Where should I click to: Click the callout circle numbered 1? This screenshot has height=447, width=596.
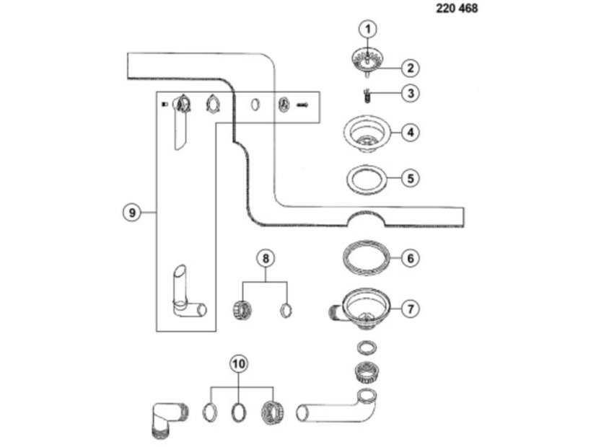pos(369,30)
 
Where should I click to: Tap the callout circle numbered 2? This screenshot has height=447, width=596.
pos(409,68)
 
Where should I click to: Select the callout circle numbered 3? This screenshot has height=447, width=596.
pos(409,93)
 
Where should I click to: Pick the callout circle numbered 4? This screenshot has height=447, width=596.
pos(409,133)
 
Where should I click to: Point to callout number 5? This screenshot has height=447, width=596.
pos(409,177)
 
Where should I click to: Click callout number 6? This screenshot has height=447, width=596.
pos(409,258)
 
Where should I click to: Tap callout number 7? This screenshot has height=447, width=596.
pos(409,309)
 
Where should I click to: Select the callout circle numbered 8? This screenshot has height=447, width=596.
pos(265,257)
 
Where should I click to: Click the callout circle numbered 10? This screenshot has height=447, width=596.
pos(238,363)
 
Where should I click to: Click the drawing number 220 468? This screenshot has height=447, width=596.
pos(457,9)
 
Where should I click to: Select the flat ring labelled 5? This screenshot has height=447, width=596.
pos(367,178)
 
